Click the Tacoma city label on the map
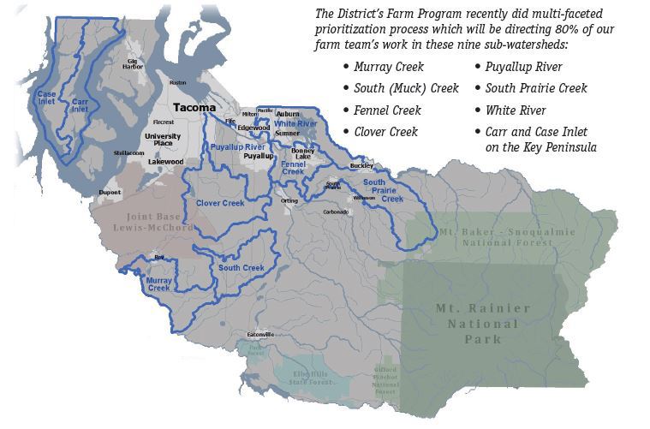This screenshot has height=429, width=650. pyautogui.click(x=194, y=108)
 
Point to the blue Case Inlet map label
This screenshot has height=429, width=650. pyautogui.click(x=46, y=97)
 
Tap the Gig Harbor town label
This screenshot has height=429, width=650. pyautogui.click(x=133, y=65)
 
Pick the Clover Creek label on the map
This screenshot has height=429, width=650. pyautogui.click(x=220, y=203)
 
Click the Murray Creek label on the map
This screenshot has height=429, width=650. pyautogui.click(x=158, y=284)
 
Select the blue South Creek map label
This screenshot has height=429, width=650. pyautogui.click(x=241, y=268)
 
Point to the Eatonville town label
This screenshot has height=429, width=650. pyautogui.click(x=259, y=333)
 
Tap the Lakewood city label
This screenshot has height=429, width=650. pyautogui.click(x=165, y=161)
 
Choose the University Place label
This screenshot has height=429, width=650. pyautogui.click(x=163, y=140)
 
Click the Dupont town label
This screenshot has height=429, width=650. pyautogui.click(x=110, y=193)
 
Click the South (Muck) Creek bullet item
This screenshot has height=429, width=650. pyautogui.click(x=406, y=88)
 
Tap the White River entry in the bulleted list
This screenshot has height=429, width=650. pyautogui.click(x=515, y=110)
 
